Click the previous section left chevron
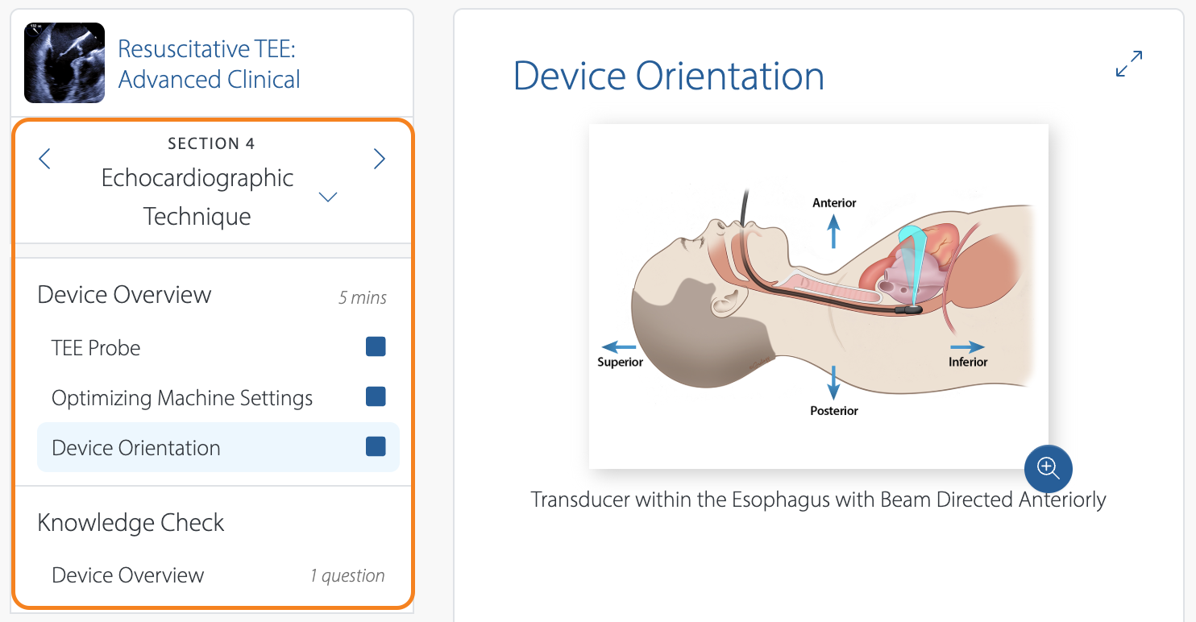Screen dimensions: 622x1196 click(x=45, y=159)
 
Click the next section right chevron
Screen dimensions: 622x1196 click(x=380, y=159)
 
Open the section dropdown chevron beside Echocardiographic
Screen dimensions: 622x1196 click(x=328, y=197)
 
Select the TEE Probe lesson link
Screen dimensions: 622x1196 click(x=96, y=348)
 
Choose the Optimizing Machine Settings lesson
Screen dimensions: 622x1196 click(x=182, y=398)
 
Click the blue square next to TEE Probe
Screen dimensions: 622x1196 click(x=376, y=346)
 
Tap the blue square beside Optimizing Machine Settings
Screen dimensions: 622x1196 click(x=376, y=396)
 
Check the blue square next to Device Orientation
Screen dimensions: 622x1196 click(x=376, y=446)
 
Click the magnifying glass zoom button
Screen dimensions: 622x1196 click(x=1048, y=468)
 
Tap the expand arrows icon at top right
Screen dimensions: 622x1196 click(x=1129, y=64)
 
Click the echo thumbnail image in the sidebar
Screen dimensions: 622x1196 click(x=64, y=63)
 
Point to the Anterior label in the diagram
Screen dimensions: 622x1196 click(x=834, y=203)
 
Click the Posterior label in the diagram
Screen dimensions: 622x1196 click(x=834, y=411)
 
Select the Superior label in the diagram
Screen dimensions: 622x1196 click(x=620, y=363)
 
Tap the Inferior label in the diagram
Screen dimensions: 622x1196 click(x=968, y=363)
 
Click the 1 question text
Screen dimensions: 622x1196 click(x=347, y=576)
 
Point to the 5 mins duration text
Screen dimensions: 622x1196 click(x=363, y=298)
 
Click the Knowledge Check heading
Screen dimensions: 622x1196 click(x=131, y=523)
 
